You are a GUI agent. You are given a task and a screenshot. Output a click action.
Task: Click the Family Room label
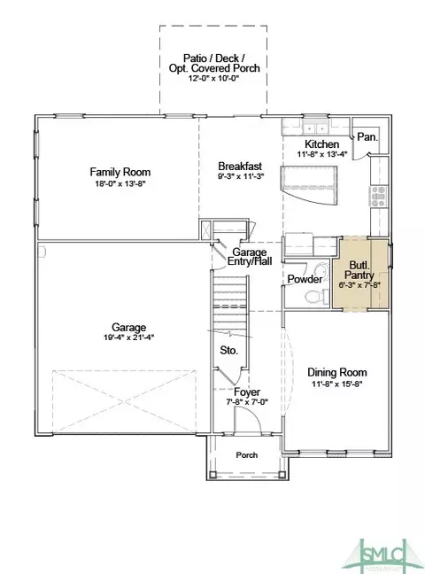[x=120, y=172]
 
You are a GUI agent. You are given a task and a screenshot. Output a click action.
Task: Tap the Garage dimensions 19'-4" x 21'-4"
[x=129, y=337]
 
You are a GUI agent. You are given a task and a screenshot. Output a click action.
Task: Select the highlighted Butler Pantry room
[x=360, y=274]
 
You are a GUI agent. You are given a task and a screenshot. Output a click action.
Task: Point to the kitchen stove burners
[x=379, y=197]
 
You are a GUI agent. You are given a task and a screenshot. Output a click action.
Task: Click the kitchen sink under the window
[x=315, y=128]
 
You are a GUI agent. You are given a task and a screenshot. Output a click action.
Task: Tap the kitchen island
[x=309, y=185]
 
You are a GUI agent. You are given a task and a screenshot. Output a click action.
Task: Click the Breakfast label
[x=240, y=166]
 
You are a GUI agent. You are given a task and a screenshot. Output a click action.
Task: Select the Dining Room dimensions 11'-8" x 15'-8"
[x=336, y=384]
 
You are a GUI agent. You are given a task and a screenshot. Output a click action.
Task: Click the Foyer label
[x=247, y=392]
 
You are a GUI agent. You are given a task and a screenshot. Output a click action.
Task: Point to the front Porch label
[x=247, y=455]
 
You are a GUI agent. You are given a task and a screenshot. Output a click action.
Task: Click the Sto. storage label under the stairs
[x=228, y=350]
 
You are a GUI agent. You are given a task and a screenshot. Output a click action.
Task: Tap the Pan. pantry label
[x=367, y=137]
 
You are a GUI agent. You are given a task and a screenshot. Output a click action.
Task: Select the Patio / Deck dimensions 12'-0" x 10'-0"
[x=213, y=78]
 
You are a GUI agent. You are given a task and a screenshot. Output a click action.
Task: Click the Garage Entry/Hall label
[x=250, y=256]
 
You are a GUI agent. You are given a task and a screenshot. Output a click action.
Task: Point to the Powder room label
[x=305, y=279]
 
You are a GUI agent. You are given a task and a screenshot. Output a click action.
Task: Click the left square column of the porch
[x=212, y=475]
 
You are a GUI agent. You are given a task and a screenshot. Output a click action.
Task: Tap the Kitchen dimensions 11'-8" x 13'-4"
[x=322, y=154]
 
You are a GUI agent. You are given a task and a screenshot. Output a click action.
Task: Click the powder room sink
[x=321, y=270]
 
